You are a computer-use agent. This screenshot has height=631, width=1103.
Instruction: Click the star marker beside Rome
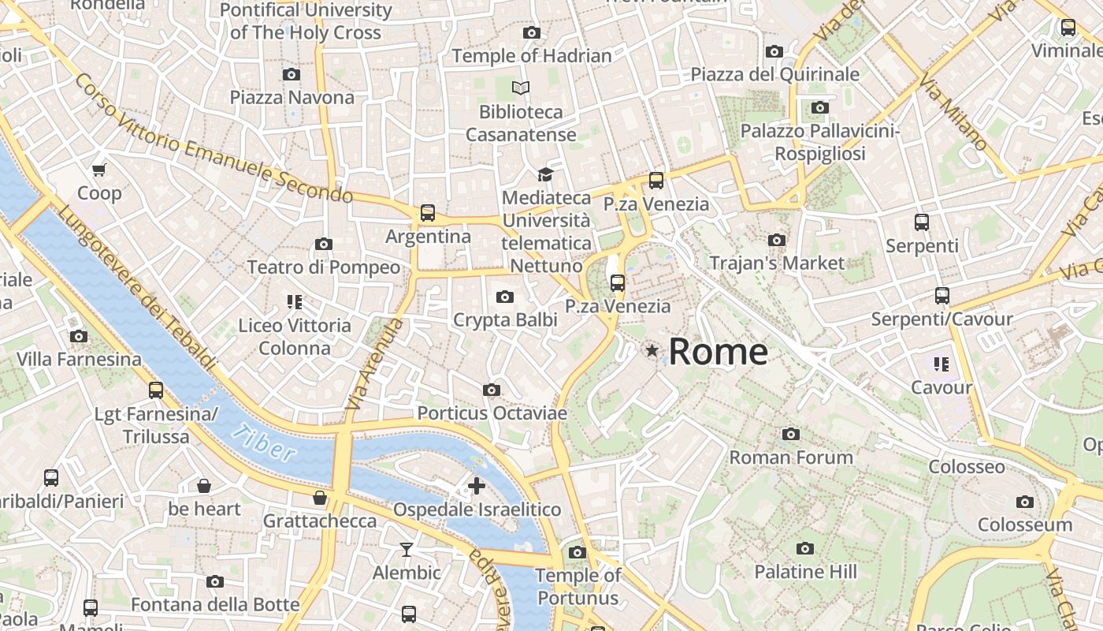[652, 350]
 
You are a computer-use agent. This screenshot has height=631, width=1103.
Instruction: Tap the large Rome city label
[718, 351]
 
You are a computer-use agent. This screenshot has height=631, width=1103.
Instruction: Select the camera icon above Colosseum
[1024, 502]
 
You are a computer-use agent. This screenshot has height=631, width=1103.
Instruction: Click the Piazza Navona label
[292, 98]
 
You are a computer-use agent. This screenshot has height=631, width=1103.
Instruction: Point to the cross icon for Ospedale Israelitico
[476, 486]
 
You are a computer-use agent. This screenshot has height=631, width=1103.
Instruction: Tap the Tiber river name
[265, 442]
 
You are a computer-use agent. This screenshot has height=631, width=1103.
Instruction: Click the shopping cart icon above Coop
[99, 170]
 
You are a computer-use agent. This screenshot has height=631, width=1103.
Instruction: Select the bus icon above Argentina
[427, 213]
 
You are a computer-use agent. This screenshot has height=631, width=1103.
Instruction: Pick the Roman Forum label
[791, 457]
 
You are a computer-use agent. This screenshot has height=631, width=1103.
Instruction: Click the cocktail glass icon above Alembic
[407, 550]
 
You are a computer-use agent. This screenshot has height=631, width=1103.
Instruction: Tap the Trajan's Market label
[777, 263]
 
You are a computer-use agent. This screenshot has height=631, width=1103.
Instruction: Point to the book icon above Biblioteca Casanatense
[520, 88]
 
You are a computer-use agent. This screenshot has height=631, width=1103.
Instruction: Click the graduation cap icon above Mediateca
[545, 174]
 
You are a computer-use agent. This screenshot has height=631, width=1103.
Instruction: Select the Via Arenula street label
[374, 364]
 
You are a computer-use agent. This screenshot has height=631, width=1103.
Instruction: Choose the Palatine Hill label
[805, 571]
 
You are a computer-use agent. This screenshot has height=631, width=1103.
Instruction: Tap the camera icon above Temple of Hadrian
[532, 32]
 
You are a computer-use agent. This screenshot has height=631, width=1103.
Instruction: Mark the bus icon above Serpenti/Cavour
[941, 296]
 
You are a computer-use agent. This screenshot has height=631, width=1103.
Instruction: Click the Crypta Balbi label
[505, 320]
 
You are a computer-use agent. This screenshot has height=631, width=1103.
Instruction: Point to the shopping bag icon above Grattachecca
[320, 498]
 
